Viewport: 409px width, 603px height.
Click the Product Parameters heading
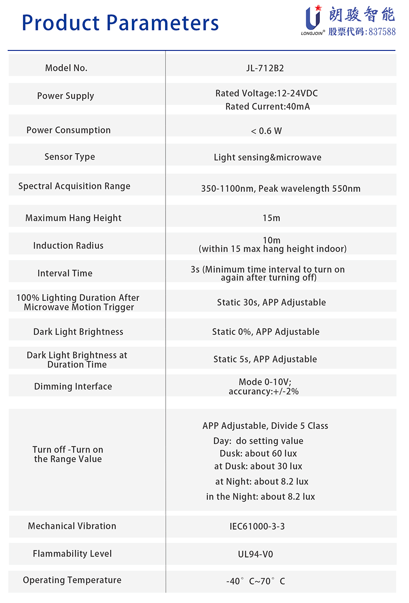coord(120,23)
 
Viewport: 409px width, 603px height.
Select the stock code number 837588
coord(382,32)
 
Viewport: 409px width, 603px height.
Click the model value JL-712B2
coord(265,68)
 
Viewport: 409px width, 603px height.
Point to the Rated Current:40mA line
coord(268,106)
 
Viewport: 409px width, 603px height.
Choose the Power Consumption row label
coord(69,130)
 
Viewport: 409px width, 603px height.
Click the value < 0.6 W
coord(267,131)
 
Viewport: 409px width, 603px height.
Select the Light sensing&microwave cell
coord(268,157)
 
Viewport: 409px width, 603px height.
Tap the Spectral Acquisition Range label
coord(74,186)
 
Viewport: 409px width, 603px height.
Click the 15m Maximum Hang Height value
coord(271,218)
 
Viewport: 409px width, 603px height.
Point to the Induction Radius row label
coord(68,245)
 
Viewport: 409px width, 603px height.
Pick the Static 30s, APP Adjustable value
coord(271,302)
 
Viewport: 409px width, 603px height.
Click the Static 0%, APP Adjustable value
coord(266,332)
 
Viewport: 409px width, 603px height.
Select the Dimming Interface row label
coord(73,386)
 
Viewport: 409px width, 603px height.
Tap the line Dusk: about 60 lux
coord(258,453)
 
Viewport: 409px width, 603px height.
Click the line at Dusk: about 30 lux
coord(258,466)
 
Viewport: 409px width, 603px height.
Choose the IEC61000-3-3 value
coord(257,526)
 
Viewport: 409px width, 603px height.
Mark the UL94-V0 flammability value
coord(256,554)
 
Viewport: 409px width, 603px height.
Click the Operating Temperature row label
coord(72,580)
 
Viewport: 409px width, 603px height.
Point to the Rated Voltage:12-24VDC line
coord(267,93)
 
